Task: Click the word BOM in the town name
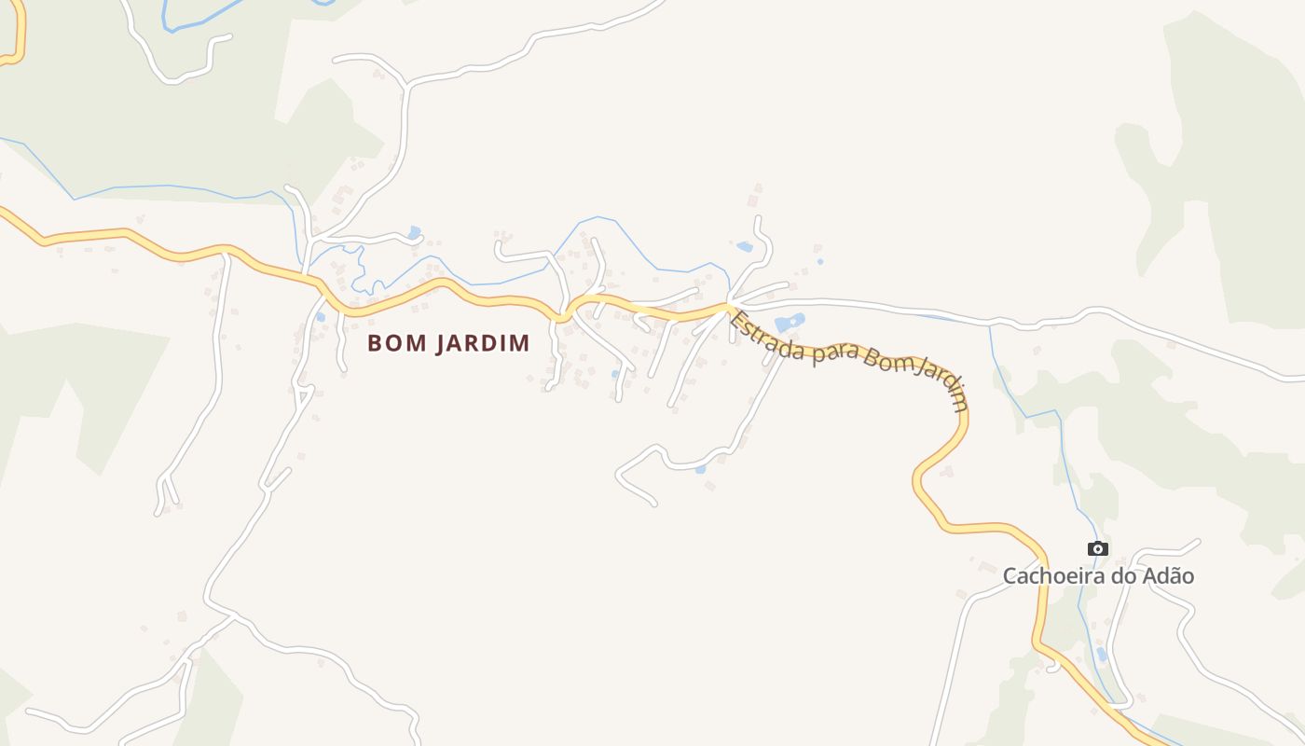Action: click(388, 343)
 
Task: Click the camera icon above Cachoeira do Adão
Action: click(1098, 548)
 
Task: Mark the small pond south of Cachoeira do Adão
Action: click(1102, 654)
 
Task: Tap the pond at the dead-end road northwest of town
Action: click(414, 232)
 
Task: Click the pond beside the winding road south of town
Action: click(700, 469)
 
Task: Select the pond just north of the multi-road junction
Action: click(744, 247)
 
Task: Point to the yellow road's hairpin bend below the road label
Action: click(918, 480)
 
